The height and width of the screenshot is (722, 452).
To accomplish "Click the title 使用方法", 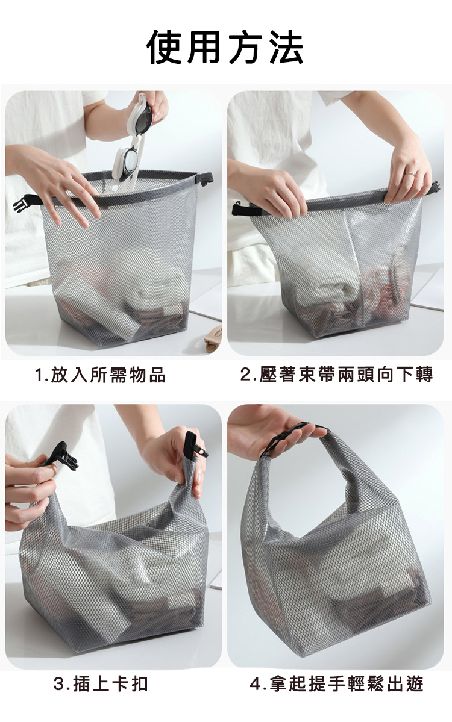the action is (x=225, y=47).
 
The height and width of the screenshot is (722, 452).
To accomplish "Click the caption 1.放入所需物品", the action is (x=100, y=375).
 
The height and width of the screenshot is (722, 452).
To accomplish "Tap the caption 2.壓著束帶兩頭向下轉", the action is (x=337, y=375).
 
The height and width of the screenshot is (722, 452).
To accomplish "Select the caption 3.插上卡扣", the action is (x=101, y=684).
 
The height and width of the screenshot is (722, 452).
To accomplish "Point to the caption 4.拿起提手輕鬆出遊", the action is (x=337, y=684).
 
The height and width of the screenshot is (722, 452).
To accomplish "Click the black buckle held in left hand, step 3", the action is (x=63, y=455).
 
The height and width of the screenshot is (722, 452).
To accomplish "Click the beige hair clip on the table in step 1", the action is (x=213, y=340).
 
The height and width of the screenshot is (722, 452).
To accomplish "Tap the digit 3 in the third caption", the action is (x=58, y=684).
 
